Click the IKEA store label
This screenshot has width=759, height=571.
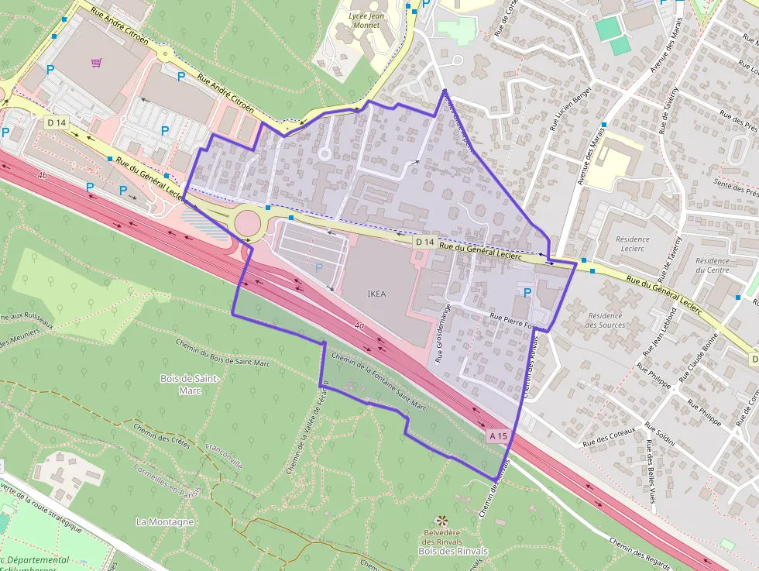coord(376,294)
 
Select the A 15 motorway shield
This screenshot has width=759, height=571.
coord(499,436)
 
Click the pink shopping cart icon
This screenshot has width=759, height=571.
coord(97,63)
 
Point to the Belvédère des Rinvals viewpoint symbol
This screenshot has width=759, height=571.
coord(442,521)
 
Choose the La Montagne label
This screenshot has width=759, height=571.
coord(164,521)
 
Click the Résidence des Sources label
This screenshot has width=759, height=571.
coord(606,320)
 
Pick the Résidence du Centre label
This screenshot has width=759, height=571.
coord(712,266)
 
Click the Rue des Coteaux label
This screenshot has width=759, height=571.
coord(609,436)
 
